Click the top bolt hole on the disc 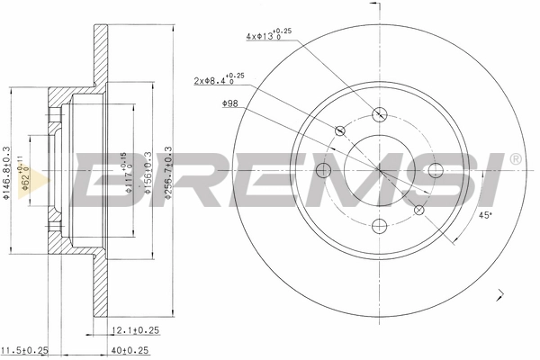click(x=379, y=114)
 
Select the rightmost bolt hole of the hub click(x=436, y=171)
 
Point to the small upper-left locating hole click(x=339, y=131)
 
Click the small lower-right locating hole click(x=418, y=211)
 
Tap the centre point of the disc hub click(x=379, y=171)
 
